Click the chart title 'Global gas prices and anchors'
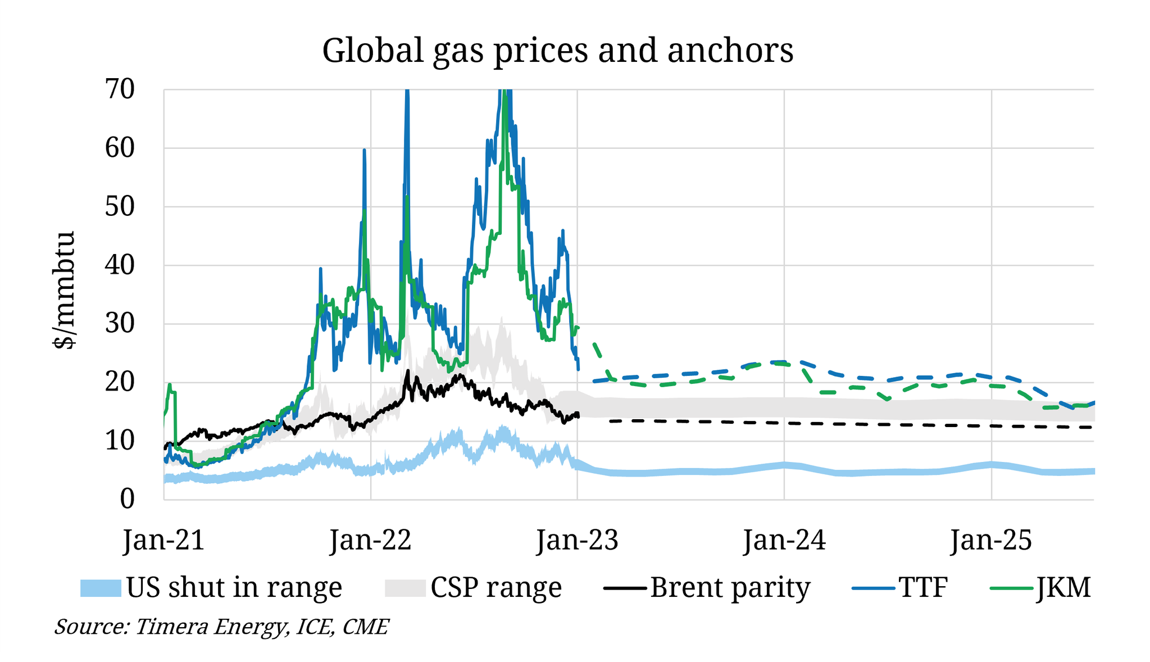(557, 50)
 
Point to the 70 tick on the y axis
(119, 89)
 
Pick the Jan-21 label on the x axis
(164, 540)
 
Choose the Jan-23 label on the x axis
(578, 540)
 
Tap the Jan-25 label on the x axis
(991, 540)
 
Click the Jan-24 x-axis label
(784, 540)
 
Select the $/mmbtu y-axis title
(65, 289)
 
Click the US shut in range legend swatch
(101, 588)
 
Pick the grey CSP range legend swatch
(405, 588)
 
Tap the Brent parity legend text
(730, 588)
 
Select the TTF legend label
(923, 588)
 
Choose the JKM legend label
(1063, 588)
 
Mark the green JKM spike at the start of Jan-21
(170, 386)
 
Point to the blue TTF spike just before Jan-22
(364, 151)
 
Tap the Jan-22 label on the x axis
(371, 540)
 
